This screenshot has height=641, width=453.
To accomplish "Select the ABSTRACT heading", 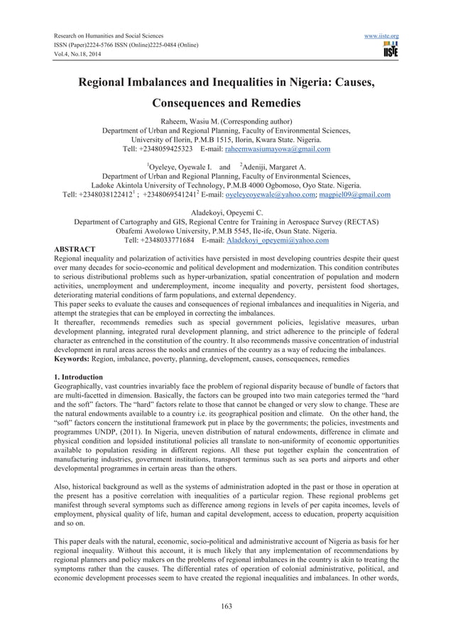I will [75, 250].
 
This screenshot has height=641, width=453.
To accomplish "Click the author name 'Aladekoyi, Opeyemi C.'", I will [226, 212].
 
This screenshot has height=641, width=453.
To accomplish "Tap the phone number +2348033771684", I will [166, 241].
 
